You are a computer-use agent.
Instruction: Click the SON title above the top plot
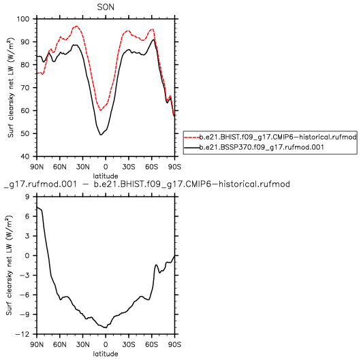click(106, 7)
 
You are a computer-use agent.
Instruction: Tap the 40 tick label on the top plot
click(25, 157)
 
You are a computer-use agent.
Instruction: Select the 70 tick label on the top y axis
click(25, 88)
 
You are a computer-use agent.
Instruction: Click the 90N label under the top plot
click(37, 166)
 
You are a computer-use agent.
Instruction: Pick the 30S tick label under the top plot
click(129, 166)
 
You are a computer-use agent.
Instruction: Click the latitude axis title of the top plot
click(106, 176)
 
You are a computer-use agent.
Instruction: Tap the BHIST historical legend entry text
click(278, 137)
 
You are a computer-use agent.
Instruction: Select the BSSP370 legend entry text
click(262, 147)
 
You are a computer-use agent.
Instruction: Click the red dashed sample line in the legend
click(191, 137)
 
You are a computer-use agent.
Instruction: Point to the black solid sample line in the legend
click(191, 148)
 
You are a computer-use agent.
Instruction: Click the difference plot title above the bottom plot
click(147, 184)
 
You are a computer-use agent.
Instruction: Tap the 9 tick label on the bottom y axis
click(27, 197)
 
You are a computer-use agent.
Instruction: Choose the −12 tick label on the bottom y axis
click(22, 334)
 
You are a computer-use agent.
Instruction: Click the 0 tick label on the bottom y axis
click(27, 256)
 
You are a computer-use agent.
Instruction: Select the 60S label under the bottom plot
click(152, 344)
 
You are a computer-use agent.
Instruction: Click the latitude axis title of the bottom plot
click(106, 354)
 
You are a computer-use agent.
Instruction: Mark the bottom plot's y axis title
click(9, 265)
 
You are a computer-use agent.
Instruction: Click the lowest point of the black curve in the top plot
click(101, 135)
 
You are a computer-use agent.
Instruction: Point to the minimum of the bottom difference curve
click(106, 328)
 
